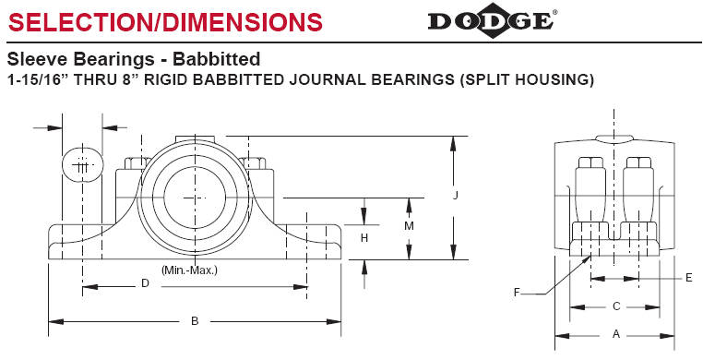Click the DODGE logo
pyautogui.click(x=492, y=20)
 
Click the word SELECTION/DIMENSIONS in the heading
pyautogui.click(x=164, y=20)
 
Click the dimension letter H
pyautogui.click(x=364, y=237)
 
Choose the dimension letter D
pyautogui.click(x=144, y=284)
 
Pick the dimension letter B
pyautogui.click(x=195, y=320)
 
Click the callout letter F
pyautogui.click(x=518, y=294)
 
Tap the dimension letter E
pyautogui.click(x=688, y=277)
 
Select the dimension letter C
pyautogui.click(x=615, y=306)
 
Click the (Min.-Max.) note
pyautogui.click(x=189, y=270)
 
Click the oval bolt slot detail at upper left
pyautogui.click(x=82, y=166)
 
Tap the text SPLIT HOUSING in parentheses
pyautogui.click(x=529, y=80)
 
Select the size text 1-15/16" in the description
pyautogui.click(x=36, y=80)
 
